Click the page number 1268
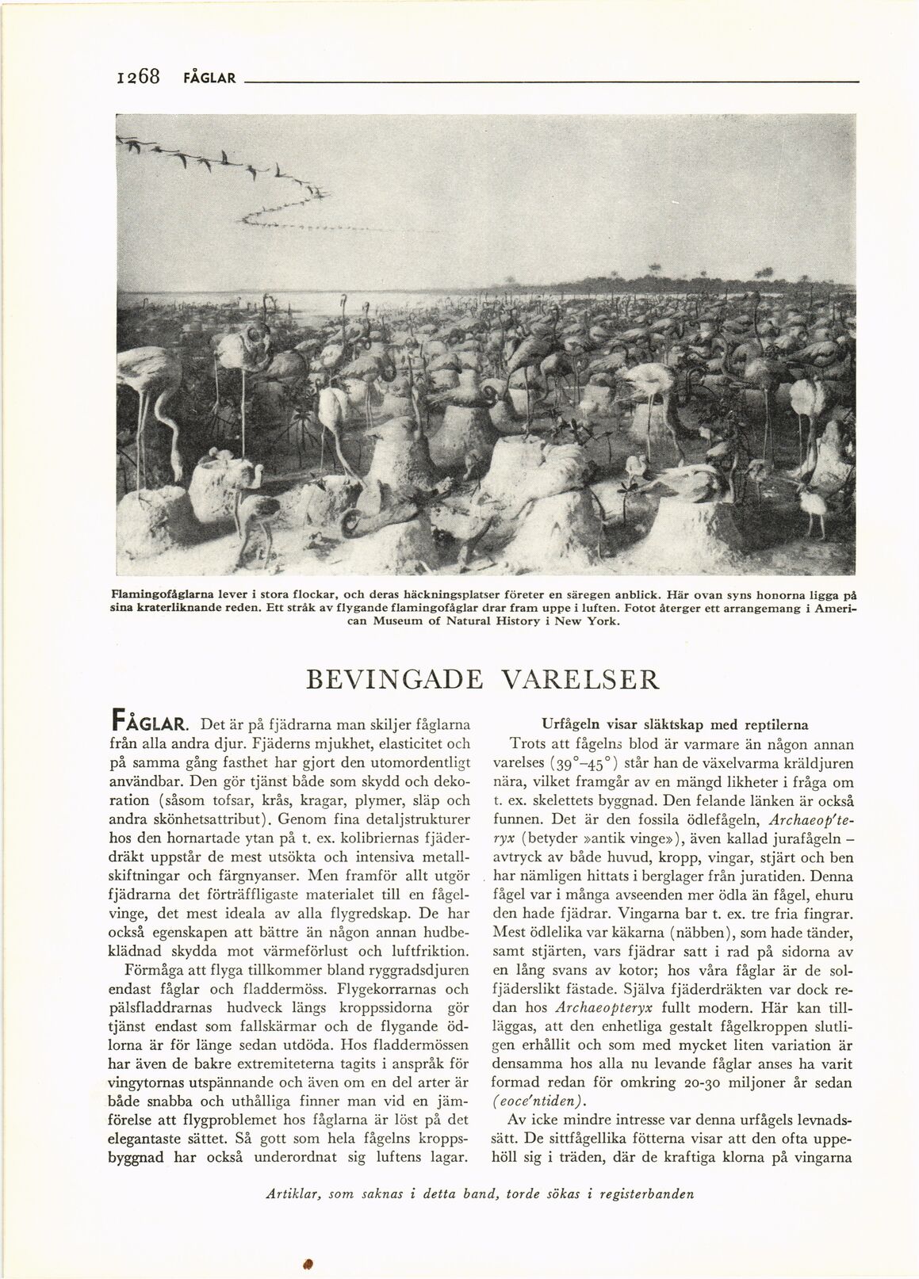(x=137, y=77)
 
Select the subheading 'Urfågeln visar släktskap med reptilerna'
(x=676, y=724)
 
